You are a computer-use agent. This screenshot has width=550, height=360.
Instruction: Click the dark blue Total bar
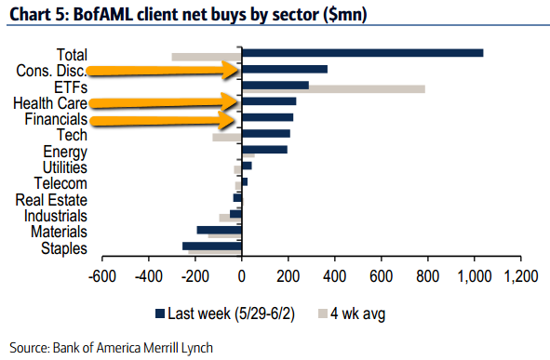pyautogui.click(x=362, y=53)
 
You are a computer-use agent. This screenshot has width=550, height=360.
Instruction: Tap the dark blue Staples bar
pyautogui.click(x=212, y=247)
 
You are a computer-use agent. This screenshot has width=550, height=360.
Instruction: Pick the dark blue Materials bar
pyautogui.click(x=220, y=230)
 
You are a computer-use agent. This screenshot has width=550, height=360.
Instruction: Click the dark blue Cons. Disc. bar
pyautogui.click(x=285, y=69)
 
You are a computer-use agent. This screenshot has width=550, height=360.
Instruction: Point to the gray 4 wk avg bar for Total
pyautogui.click(x=207, y=57)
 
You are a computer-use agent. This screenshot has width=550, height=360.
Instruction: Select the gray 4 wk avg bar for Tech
pyautogui.click(x=227, y=138)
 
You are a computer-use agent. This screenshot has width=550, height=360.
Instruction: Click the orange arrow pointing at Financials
pyautogui.click(x=162, y=120)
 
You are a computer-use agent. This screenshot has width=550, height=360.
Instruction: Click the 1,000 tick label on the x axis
pyautogui.click(x=475, y=276)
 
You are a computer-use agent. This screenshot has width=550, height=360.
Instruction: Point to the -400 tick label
pyautogui.click(x=149, y=276)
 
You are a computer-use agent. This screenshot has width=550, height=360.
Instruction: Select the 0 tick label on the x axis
pyautogui.click(x=241, y=276)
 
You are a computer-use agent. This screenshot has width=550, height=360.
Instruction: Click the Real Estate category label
pyautogui.click(x=51, y=200)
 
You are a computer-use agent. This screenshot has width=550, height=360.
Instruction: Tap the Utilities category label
pyautogui.click(x=65, y=167)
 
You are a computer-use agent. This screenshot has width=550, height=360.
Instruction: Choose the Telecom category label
pyautogui.click(x=60, y=183)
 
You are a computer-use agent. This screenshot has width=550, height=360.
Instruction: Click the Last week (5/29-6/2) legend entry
pyautogui.click(x=225, y=313)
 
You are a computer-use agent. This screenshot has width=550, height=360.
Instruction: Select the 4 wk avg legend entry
pyautogui.click(x=352, y=313)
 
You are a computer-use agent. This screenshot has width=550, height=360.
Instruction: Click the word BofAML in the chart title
pyautogui.click(x=103, y=15)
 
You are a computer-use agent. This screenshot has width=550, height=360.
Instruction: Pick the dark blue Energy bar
pyautogui.click(x=264, y=150)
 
